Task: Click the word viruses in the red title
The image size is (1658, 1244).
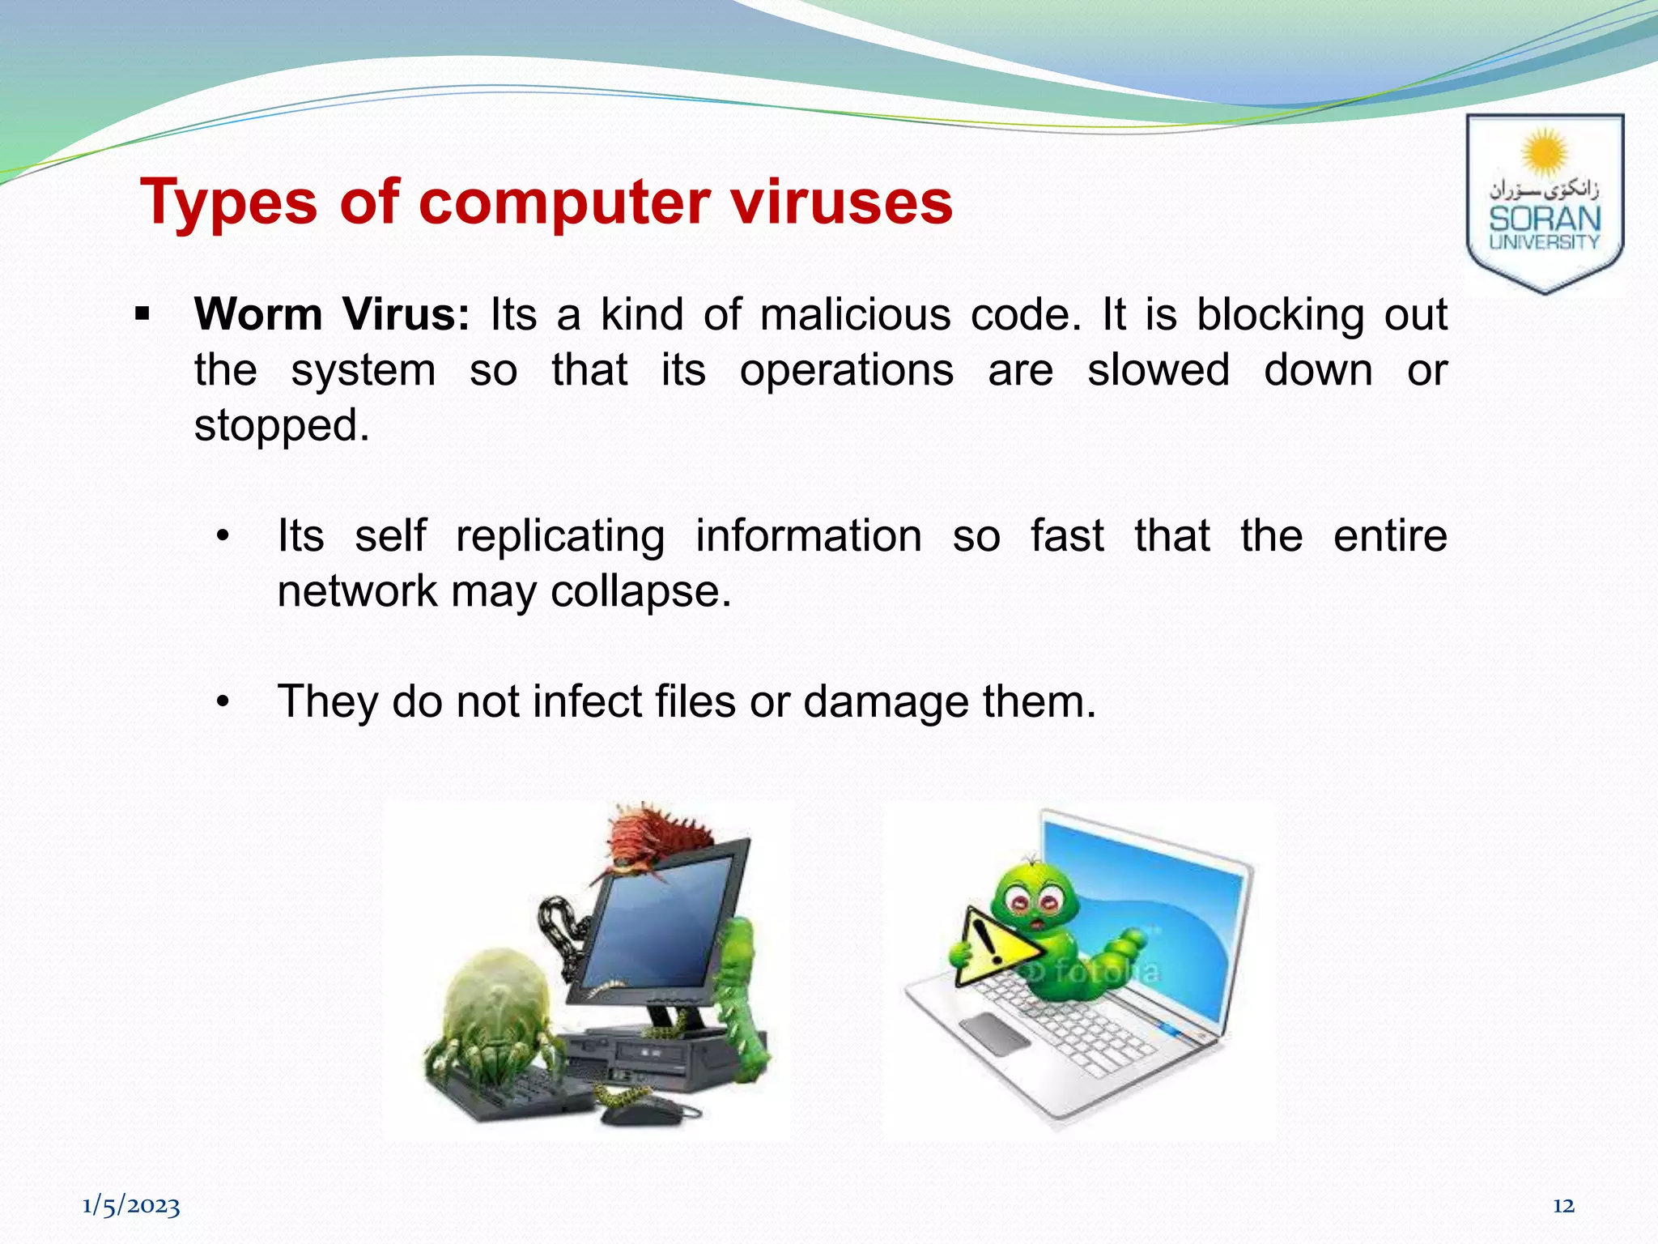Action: (842, 202)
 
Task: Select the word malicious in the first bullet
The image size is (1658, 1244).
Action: (855, 314)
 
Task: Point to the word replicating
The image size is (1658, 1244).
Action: (560, 535)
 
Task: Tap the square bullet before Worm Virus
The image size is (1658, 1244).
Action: (143, 314)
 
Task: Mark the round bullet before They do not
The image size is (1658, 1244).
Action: (223, 702)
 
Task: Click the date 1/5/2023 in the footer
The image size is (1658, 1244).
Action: (131, 1206)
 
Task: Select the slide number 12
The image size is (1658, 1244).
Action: (1563, 1206)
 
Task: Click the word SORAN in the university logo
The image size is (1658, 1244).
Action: (1545, 219)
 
